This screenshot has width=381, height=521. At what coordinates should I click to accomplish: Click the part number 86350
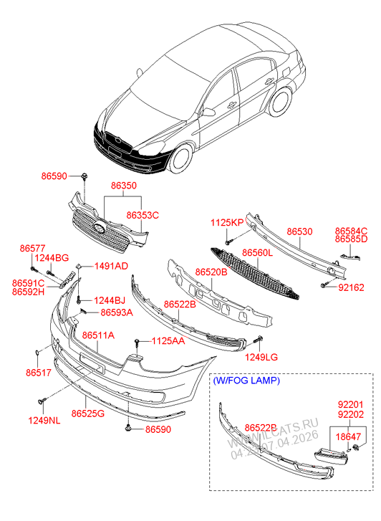(123, 186)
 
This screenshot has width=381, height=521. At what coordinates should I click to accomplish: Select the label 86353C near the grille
(143, 214)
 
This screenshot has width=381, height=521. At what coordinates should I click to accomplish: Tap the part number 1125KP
(227, 223)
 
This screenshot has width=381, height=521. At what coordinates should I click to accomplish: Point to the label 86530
(299, 232)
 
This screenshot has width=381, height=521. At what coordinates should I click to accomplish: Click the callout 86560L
(257, 254)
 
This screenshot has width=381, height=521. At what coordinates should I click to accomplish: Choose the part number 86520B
(211, 272)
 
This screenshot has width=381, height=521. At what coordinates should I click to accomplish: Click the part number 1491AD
(112, 267)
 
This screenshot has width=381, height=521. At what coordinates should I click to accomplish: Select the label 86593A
(116, 312)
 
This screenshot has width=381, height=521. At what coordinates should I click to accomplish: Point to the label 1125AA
(168, 341)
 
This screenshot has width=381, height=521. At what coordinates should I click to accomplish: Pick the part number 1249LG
(263, 357)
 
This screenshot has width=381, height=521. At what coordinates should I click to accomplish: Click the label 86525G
(88, 414)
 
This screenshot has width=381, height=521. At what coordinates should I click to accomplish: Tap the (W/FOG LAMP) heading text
(247, 381)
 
